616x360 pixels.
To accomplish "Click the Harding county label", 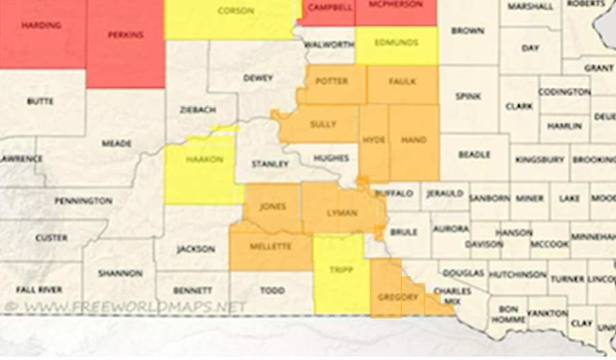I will (x=41, y=26).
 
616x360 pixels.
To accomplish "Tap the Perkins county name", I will (x=125, y=34).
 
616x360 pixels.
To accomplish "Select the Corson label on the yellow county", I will (x=236, y=11).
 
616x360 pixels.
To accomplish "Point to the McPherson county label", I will (x=397, y=6).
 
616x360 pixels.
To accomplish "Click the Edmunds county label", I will (x=397, y=43).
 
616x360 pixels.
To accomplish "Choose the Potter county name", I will (x=332, y=80).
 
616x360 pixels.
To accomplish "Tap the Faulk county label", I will (x=402, y=81).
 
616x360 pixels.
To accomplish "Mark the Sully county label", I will (x=323, y=124).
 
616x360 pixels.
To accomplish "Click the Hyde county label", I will (x=375, y=140).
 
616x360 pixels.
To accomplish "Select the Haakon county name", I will (x=200, y=159).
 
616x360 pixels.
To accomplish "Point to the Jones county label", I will (x=273, y=207).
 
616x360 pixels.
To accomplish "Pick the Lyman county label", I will (x=342, y=213).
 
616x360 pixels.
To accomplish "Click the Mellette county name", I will (x=271, y=246).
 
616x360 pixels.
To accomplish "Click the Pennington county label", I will (x=83, y=201).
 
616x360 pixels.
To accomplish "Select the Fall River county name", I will (x=39, y=289).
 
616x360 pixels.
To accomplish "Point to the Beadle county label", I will (x=474, y=155).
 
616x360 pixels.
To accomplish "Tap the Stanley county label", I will (x=266, y=164).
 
